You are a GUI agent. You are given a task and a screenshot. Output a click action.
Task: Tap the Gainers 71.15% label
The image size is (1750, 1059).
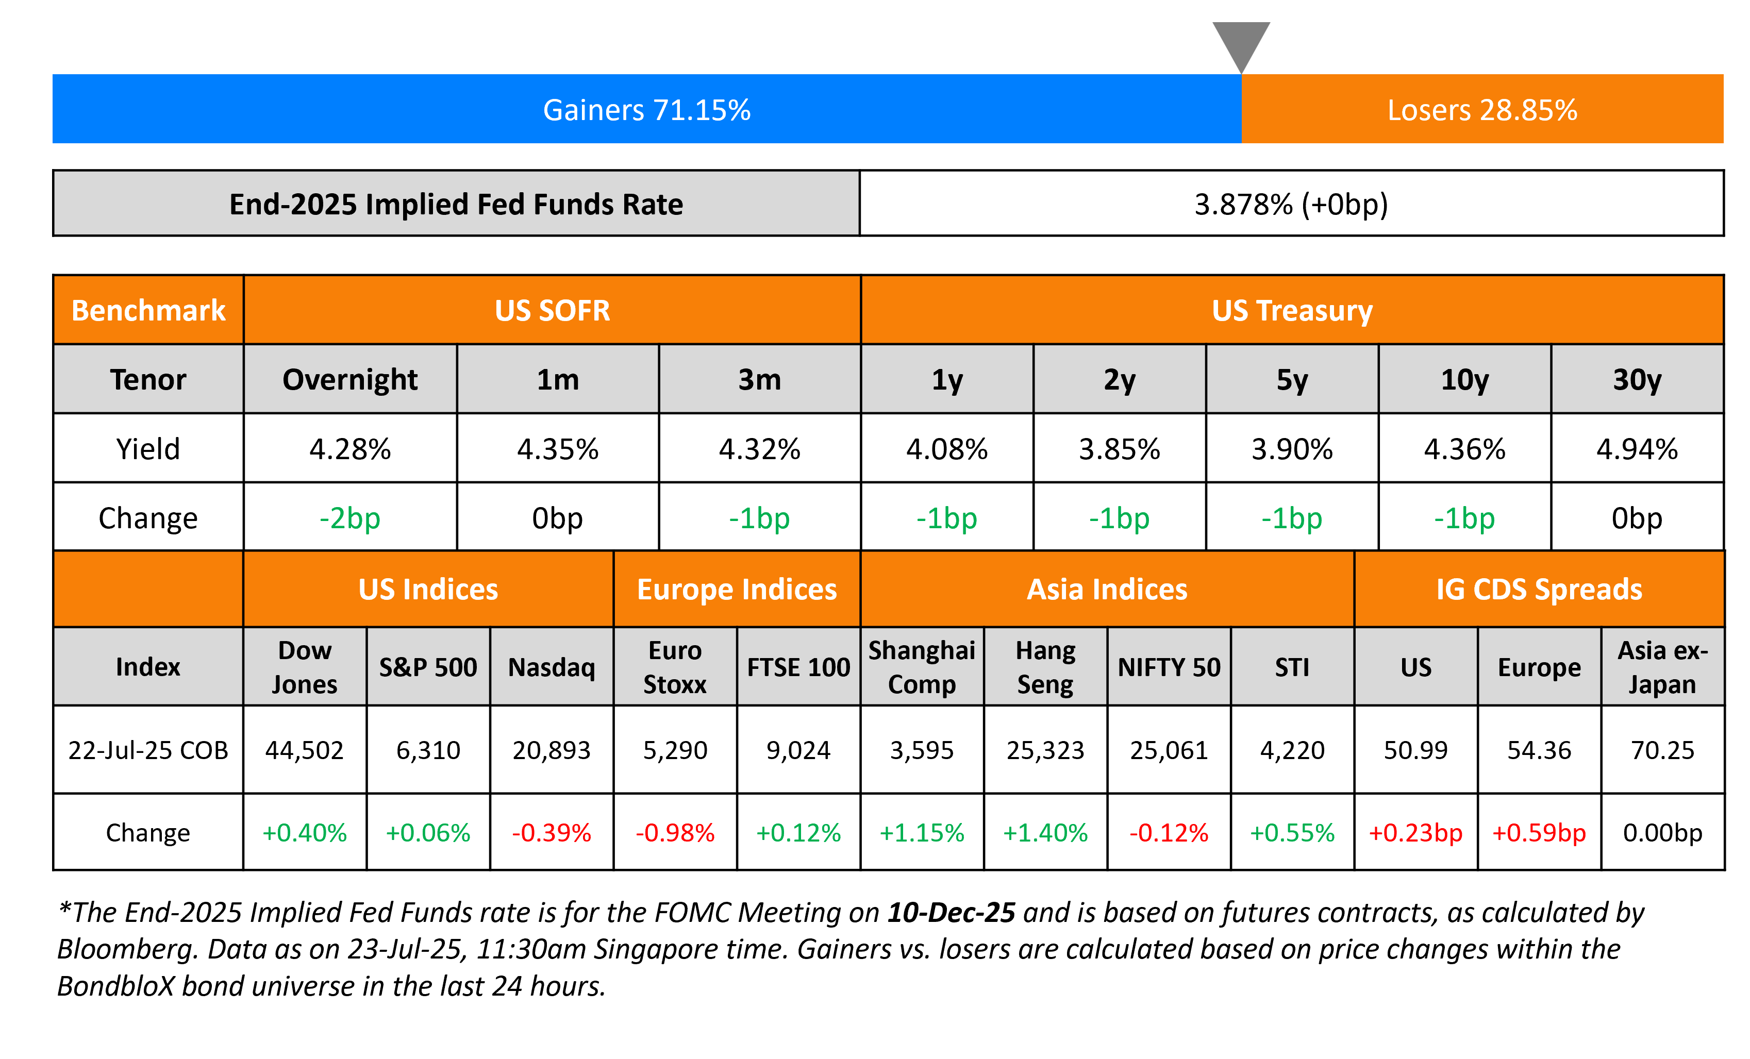pos(646,110)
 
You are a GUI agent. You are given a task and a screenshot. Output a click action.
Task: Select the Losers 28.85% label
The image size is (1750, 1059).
pos(1482,110)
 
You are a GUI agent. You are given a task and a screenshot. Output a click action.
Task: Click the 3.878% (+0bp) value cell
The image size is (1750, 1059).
pos(1291,205)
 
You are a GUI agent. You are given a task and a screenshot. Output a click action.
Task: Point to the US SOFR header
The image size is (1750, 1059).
pos(552,310)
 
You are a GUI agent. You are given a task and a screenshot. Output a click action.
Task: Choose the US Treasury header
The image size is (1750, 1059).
pos(1292,310)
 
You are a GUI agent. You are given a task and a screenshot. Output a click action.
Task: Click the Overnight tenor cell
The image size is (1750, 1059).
pos(349,380)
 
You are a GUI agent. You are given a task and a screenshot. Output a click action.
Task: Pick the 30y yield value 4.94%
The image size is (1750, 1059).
pos(1637,449)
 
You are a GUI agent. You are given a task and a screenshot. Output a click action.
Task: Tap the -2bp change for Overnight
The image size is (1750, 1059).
pos(349,518)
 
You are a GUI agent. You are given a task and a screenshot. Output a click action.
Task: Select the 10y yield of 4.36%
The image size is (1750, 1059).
pos(1464,449)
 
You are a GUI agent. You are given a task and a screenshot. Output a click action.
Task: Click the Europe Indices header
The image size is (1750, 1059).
pos(737,590)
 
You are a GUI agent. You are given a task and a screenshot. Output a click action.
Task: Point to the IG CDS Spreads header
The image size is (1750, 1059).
pos(1539,590)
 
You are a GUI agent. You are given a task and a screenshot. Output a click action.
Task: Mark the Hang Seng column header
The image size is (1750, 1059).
pos(1045,667)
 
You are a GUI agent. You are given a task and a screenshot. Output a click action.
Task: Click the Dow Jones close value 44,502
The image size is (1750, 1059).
pos(304,750)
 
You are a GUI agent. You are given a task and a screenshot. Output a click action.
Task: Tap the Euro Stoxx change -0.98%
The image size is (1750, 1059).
pos(675,832)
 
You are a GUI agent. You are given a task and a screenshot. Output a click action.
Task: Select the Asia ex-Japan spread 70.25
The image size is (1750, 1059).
pos(1663,750)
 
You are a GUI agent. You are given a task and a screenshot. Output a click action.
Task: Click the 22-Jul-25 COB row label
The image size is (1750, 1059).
pos(148,750)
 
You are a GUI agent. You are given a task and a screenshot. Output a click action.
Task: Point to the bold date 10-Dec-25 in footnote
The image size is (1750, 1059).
pos(951,913)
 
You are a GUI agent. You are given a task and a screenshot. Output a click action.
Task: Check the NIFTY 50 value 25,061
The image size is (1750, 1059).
pos(1169,750)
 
